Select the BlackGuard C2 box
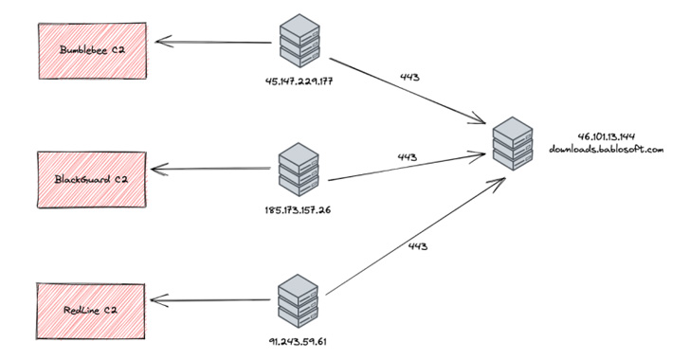[93, 176]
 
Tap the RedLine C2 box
[93, 309]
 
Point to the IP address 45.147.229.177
[302, 80]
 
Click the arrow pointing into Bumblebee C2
[214, 42]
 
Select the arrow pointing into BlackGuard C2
[214, 171]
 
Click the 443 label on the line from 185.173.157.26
[408, 156]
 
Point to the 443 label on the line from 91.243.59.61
[418, 246]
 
